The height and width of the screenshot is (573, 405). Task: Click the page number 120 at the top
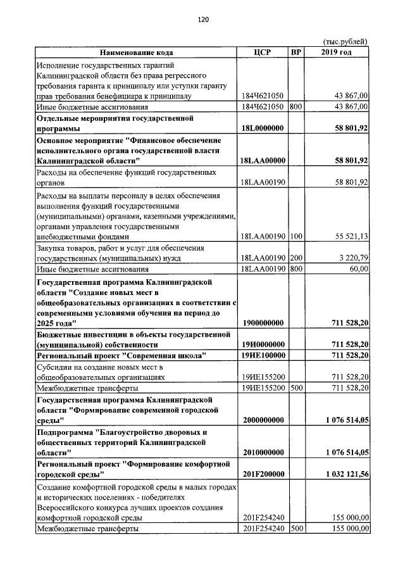[202, 20]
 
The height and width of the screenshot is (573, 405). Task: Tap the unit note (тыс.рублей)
[346, 42]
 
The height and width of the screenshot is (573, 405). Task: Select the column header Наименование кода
[135, 53]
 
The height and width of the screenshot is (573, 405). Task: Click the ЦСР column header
[262, 53]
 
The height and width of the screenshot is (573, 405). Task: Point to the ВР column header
[296, 53]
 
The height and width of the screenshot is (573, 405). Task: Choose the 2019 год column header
[337, 53]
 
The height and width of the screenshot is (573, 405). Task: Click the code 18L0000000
[263, 129]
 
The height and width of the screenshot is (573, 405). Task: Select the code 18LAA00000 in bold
[263, 161]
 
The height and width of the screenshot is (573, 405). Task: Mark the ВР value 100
[296, 237]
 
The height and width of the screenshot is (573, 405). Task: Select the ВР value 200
[296, 258]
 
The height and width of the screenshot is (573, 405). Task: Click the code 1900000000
[263, 323]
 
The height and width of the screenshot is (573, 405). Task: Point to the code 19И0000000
[263, 344]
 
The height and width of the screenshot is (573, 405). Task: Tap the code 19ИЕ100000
[263, 356]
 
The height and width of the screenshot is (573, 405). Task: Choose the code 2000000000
[263, 420]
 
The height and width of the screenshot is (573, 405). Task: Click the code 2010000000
[263, 452]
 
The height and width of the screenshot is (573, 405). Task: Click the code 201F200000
[263, 474]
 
